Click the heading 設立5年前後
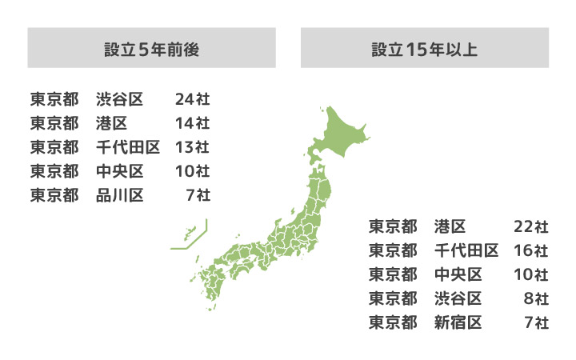151,49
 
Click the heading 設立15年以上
424,49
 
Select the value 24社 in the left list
192,100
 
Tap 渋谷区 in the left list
119,100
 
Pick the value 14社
192,124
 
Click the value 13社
192,147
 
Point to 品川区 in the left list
119,194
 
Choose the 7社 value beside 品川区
197,194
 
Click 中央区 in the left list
119,171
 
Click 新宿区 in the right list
458,323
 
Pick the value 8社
536,299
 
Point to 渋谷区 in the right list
458,299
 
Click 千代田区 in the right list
466,251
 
